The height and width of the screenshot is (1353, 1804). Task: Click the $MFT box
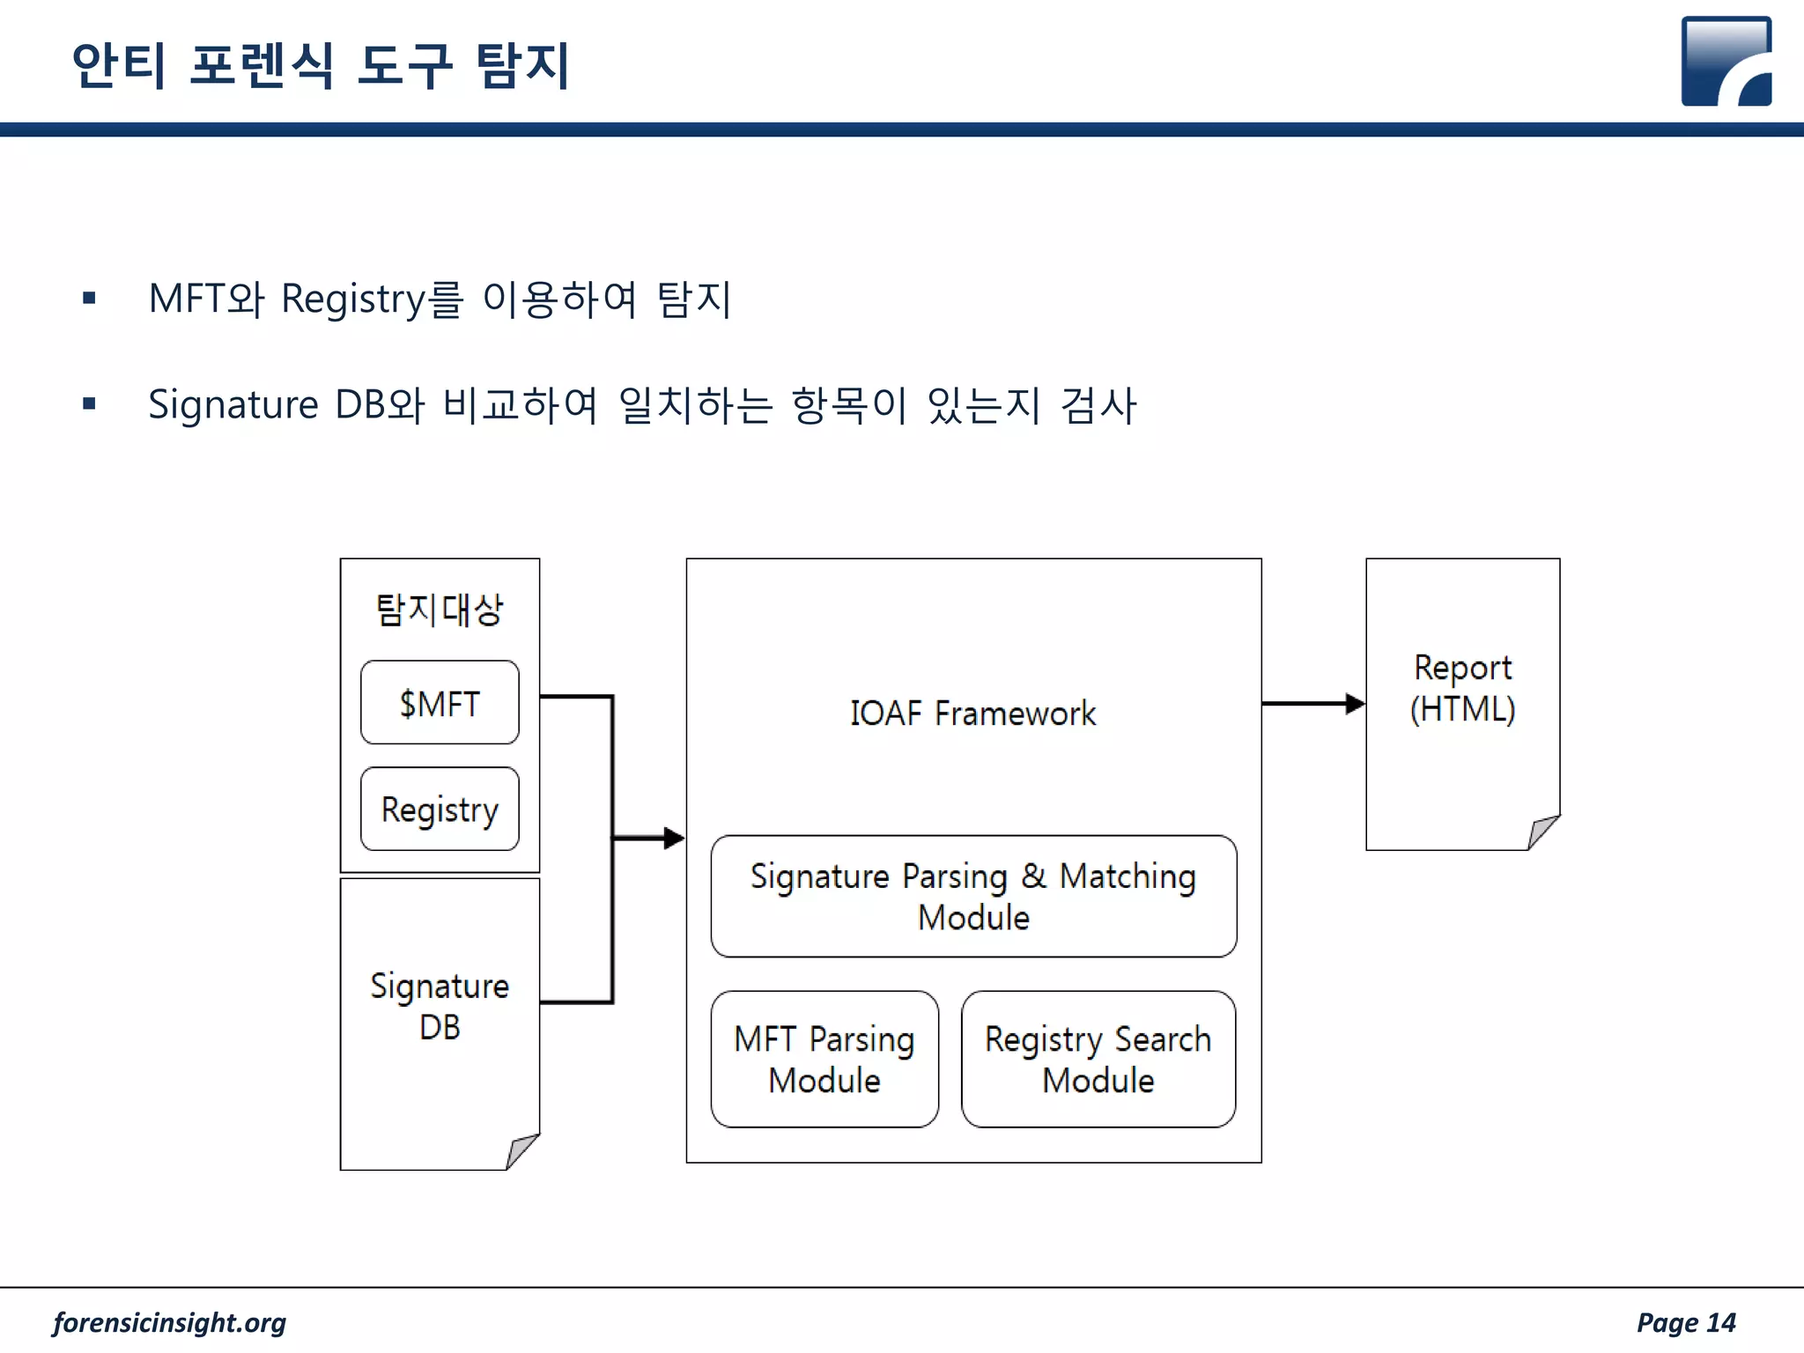[x=440, y=703]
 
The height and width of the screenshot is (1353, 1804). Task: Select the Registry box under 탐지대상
[x=440, y=809]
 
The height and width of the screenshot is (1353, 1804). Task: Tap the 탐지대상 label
[x=440, y=610]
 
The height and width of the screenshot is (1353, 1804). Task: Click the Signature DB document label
[x=440, y=1006]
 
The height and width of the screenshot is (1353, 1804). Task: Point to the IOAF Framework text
[x=972, y=713]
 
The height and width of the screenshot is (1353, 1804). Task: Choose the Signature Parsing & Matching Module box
[x=973, y=896]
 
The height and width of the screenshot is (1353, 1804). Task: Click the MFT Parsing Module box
[x=824, y=1059]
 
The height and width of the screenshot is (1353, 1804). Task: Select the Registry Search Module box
[x=1098, y=1059]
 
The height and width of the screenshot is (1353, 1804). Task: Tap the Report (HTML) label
[x=1462, y=688]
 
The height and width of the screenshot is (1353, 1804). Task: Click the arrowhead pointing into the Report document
[x=1356, y=703]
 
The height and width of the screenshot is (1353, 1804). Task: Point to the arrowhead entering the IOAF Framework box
[x=674, y=837]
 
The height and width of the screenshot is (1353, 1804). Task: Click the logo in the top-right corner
[x=1726, y=62]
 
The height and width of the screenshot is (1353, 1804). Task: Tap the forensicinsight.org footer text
[x=169, y=1322]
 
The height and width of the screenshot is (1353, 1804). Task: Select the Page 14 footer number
[x=1685, y=1322]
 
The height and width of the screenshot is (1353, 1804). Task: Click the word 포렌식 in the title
[x=262, y=65]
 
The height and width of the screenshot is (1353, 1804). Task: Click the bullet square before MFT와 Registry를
[x=89, y=298]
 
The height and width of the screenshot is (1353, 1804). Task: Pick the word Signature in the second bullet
[x=233, y=405]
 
